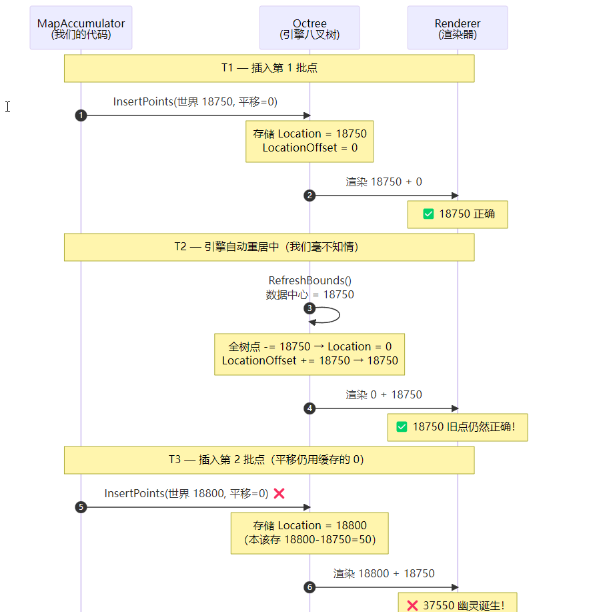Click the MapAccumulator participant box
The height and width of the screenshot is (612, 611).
(x=81, y=28)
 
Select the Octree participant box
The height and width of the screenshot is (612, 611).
(x=310, y=28)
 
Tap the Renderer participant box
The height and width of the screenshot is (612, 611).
(x=458, y=28)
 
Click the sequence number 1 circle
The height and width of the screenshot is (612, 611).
(x=81, y=115)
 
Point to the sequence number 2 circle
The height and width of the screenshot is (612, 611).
(x=310, y=196)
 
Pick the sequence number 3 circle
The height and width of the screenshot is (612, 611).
(x=310, y=308)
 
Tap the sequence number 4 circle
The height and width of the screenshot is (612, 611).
(x=310, y=408)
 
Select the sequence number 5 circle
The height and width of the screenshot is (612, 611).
(x=81, y=507)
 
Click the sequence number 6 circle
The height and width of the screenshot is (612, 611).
(x=310, y=587)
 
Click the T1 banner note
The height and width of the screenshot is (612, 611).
(x=269, y=68)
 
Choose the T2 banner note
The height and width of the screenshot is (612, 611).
(x=269, y=247)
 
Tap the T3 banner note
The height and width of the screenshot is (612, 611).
(x=269, y=460)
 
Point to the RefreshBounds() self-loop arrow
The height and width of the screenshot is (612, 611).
(x=340, y=315)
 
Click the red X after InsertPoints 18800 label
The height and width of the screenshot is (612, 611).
(x=279, y=494)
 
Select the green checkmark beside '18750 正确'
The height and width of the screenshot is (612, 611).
(x=428, y=214)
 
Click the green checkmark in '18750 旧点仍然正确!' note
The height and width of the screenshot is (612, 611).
(x=402, y=427)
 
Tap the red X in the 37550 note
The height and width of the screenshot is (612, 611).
(x=412, y=605)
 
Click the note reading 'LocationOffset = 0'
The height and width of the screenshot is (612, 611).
(x=310, y=141)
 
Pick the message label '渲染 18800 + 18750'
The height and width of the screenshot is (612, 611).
(x=384, y=573)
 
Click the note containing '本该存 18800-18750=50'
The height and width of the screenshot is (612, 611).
(x=310, y=533)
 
